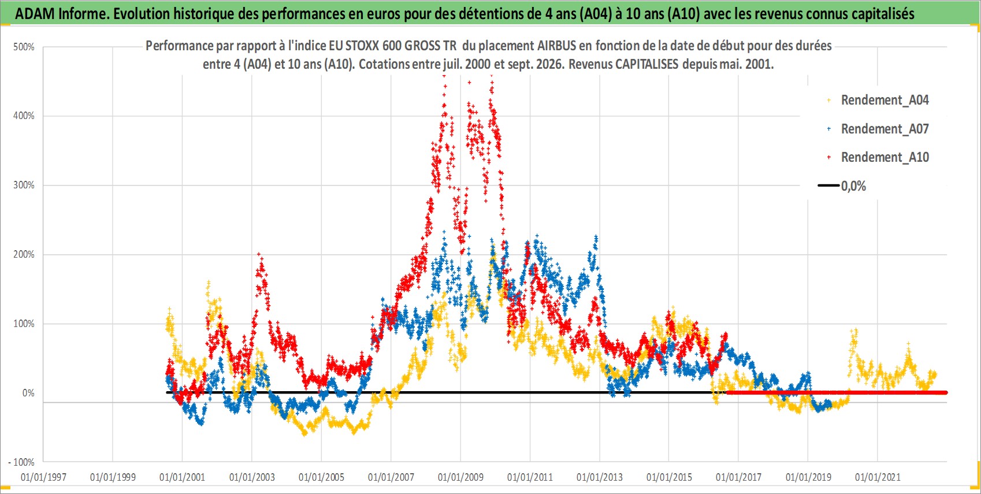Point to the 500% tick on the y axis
click(24, 47)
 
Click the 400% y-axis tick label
click(24, 116)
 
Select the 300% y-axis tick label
click(24, 185)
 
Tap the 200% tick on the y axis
click(24, 254)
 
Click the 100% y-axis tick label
click(24, 324)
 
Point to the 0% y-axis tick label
click(28, 393)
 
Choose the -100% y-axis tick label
click(21, 462)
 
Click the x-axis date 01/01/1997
click(43, 477)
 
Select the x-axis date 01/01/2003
click(252, 477)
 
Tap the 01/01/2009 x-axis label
click(460, 477)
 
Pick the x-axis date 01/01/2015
click(669, 477)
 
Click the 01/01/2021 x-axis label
click(878, 477)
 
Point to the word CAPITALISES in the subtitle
click(647, 64)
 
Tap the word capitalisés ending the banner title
click(883, 13)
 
